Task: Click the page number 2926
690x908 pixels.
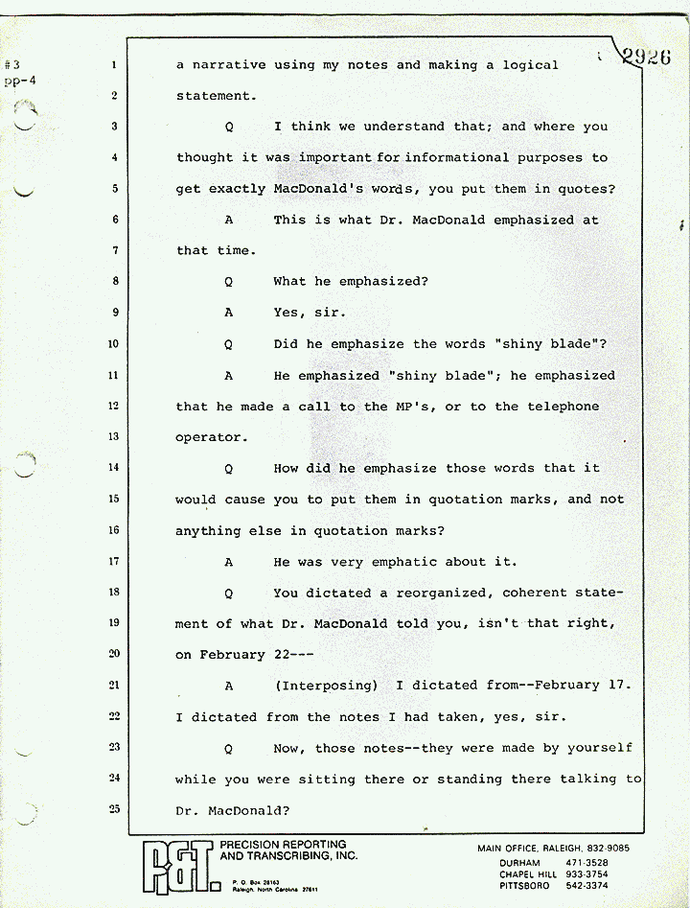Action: tap(646, 56)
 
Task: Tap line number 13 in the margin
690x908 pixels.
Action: tap(113, 437)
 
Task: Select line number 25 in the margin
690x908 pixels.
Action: tap(113, 808)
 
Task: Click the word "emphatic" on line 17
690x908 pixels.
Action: tap(433, 562)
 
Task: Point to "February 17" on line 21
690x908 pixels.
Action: tap(571, 686)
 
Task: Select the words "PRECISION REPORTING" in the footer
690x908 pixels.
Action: tap(284, 845)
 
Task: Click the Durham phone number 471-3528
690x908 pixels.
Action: tap(592, 863)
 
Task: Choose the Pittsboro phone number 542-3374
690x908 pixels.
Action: tap(592, 886)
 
